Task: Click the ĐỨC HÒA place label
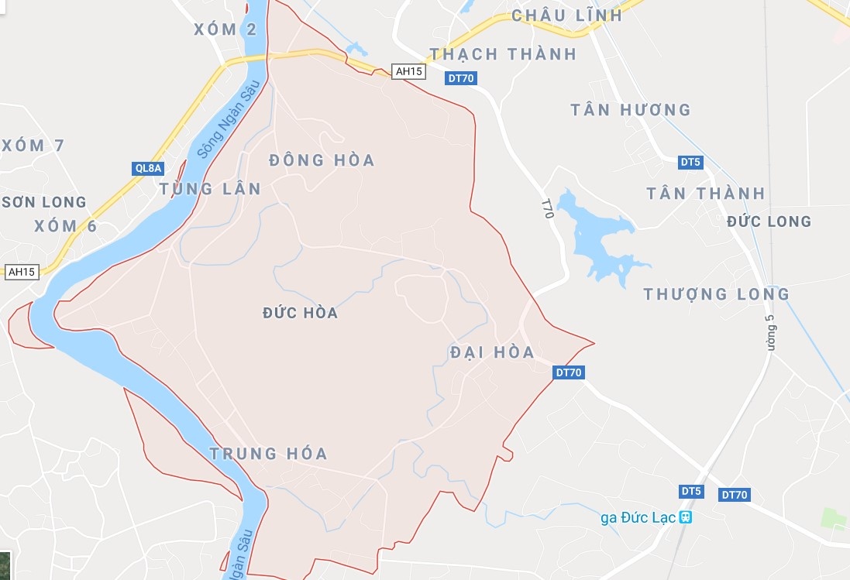(300, 313)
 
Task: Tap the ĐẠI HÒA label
(492, 352)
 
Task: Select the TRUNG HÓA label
(269, 454)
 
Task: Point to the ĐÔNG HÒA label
(322, 160)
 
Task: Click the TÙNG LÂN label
(210, 189)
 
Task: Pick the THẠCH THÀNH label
(503, 54)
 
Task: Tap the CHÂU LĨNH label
(566, 15)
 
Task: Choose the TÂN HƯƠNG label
(630, 110)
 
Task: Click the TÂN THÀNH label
(706, 194)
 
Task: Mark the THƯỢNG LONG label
(717, 294)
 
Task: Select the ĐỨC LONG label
(769, 221)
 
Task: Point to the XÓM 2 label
(225, 29)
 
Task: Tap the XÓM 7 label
(33, 146)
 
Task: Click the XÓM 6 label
(66, 226)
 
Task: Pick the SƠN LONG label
(44, 202)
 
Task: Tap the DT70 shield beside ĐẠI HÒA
(569, 372)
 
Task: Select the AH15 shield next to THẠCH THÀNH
(408, 71)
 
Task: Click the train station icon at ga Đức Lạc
(685, 517)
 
